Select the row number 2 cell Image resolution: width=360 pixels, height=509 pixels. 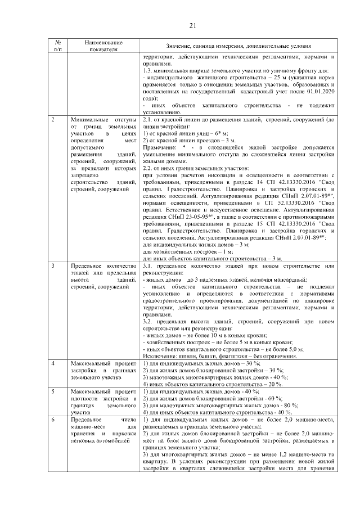(53, 120)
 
